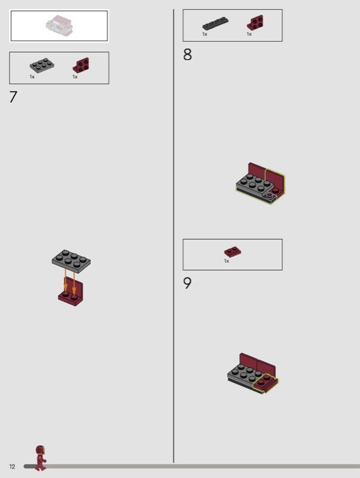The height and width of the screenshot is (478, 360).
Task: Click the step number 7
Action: (x=13, y=97)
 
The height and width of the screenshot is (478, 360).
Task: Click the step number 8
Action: (x=187, y=54)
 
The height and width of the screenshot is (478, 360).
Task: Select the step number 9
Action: (x=187, y=283)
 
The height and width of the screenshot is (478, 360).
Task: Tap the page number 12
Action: (x=12, y=467)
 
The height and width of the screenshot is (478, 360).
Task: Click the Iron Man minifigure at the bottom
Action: (x=40, y=458)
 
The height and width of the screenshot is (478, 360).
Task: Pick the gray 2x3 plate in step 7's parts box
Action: (x=42, y=65)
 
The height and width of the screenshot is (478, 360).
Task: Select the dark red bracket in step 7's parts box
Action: (x=81, y=65)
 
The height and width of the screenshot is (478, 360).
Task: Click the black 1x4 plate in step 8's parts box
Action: (x=215, y=23)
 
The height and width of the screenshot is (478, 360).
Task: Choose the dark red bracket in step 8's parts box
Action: (x=255, y=23)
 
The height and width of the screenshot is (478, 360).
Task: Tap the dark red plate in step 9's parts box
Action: (x=233, y=252)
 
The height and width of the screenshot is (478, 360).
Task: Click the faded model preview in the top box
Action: (x=59, y=26)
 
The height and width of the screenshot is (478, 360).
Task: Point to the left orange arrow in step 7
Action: (x=65, y=280)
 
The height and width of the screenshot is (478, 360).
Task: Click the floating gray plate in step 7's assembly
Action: (x=71, y=261)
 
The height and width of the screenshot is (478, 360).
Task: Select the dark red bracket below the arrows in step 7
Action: (x=71, y=294)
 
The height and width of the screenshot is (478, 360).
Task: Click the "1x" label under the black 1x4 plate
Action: (x=205, y=34)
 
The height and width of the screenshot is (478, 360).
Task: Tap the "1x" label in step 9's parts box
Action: (x=227, y=261)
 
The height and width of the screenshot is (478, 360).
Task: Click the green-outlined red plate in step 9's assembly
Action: (x=266, y=383)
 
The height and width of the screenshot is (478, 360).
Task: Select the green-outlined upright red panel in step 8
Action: (x=275, y=181)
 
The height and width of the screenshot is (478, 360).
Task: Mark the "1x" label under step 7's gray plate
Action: (x=32, y=77)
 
